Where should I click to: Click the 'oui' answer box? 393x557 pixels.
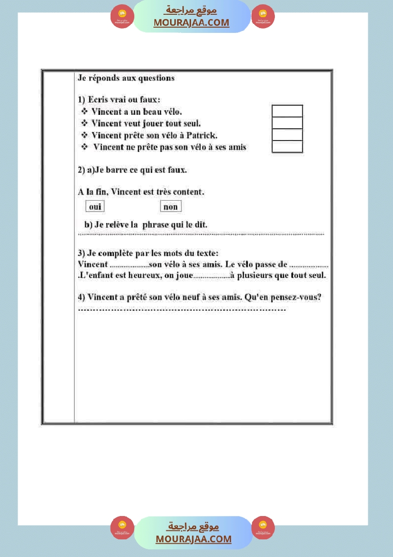[95, 206]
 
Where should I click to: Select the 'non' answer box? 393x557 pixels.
[171, 206]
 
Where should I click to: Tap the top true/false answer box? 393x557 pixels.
[287, 111]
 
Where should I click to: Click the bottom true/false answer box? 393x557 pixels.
[287, 147]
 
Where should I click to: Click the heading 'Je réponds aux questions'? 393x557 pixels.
[126, 78]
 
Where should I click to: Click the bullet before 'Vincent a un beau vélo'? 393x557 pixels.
[84, 111]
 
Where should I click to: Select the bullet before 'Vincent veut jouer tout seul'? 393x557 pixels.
[84, 123]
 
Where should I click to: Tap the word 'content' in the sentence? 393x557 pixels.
[189, 192]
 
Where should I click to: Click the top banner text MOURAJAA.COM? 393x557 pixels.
[191, 22]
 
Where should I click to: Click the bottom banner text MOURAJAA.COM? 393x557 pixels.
[193, 539]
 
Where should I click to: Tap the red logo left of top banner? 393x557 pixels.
[122, 17]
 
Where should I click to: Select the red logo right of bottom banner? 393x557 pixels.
[263, 527]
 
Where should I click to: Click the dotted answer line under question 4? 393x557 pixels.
[181, 310]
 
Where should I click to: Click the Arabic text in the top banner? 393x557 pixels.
[191, 10]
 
